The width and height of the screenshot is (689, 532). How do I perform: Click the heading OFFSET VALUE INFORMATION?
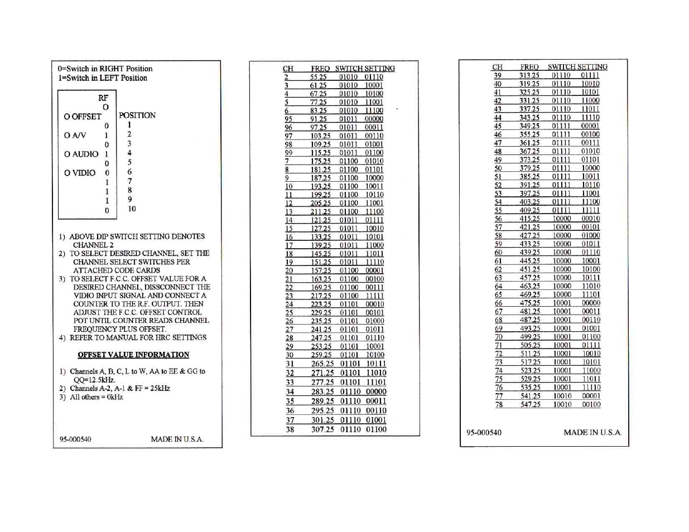(133, 355)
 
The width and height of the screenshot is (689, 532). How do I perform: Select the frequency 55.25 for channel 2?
(319, 77)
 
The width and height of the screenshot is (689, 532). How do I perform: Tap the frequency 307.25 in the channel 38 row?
(322, 429)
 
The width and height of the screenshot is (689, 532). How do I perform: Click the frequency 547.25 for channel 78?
(530, 404)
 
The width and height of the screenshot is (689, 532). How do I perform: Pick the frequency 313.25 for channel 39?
(529, 75)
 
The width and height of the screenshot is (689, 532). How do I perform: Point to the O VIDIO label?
(79, 173)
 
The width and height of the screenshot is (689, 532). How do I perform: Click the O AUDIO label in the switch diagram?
(81, 154)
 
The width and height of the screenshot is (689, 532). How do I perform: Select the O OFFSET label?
(83, 117)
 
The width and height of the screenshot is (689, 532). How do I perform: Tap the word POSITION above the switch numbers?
(137, 115)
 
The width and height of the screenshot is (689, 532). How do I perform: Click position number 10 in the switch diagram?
(132, 209)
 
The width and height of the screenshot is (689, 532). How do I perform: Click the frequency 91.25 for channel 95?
(319, 119)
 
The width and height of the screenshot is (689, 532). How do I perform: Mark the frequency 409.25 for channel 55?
(529, 210)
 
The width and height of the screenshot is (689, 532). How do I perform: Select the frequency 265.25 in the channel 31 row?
(322, 364)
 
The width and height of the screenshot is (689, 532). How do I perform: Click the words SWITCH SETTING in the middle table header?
(365, 69)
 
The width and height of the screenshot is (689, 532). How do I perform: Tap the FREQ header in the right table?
(529, 67)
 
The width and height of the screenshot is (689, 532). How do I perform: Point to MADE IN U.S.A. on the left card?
(177, 439)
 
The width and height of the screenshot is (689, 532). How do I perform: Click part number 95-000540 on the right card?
(484, 432)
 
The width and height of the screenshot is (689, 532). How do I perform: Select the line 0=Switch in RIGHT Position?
(105, 69)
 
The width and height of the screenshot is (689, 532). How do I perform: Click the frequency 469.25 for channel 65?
(529, 294)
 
